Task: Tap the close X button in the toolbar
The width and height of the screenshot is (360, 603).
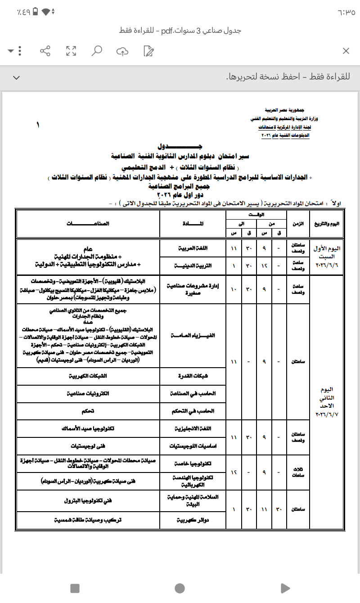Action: (x=346, y=51)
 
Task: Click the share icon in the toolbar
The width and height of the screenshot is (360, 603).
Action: (x=45, y=51)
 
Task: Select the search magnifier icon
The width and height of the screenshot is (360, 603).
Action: (x=96, y=51)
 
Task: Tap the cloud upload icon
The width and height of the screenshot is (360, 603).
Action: (x=122, y=51)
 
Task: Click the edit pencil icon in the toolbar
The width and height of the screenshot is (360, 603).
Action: (x=148, y=51)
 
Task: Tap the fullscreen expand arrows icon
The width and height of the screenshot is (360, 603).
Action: (x=71, y=51)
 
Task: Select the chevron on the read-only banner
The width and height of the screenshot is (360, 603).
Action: (x=16, y=77)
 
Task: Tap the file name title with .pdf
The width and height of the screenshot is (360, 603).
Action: (x=180, y=31)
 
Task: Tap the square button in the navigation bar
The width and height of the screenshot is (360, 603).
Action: (x=75, y=588)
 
